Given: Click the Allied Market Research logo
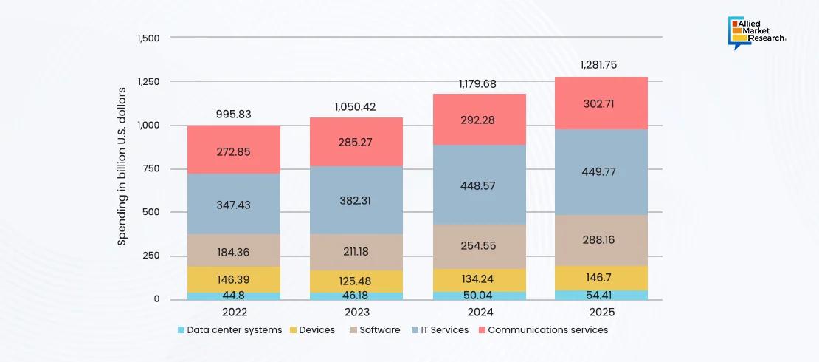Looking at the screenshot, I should (x=756, y=33).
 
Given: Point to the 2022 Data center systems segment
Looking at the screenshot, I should (x=233, y=296).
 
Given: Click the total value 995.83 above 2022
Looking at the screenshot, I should (x=234, y=114).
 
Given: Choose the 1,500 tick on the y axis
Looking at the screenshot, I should (x=148, y=38).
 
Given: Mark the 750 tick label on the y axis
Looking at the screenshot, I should (x=152, y=169).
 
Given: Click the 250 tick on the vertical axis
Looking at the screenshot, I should (x=152, y=256).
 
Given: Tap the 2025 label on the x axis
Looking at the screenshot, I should (x=602, y=313).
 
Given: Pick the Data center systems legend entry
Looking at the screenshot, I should (x=229, y=330).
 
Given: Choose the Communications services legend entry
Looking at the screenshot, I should (x=543, y=330).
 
